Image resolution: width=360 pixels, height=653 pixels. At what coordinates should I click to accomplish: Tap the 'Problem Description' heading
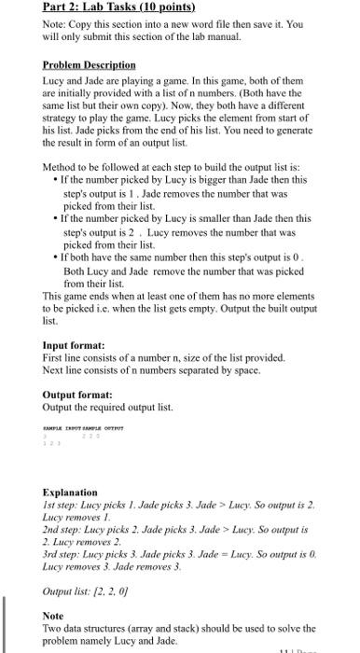pos(89,66)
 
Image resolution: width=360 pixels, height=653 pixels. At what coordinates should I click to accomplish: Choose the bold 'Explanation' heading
pos(70,492)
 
